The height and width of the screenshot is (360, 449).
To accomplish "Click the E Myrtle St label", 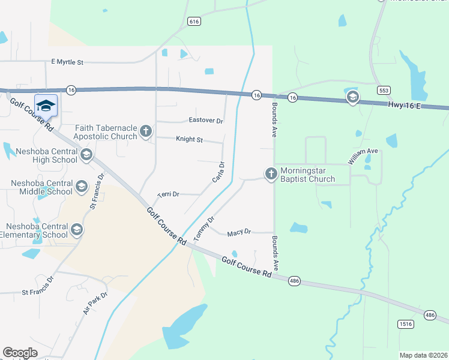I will coord(67,62).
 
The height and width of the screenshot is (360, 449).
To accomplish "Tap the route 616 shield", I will coord(193,22).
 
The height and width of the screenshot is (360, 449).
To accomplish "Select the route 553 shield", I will coord(384,90).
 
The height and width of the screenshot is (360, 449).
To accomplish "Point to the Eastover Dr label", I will coord(206,121).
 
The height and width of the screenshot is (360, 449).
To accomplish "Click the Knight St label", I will coord(190,140).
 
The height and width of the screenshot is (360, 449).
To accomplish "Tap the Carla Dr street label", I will coord(218,172).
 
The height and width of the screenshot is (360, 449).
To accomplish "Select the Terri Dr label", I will coord(168,194).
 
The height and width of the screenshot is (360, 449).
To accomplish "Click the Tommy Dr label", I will coord(204,230).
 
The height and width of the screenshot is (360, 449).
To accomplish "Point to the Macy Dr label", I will coord(239,232).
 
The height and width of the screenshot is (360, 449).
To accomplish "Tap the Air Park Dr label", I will coord(95,303).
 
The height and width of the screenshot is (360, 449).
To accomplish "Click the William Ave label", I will coord(363,156).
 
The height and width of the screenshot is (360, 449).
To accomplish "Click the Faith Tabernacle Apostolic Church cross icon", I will coord(145,131).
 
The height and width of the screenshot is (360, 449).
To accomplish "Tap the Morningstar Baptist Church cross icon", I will coord(271,174).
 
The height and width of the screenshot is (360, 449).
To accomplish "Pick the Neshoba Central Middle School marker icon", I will coord(80,187).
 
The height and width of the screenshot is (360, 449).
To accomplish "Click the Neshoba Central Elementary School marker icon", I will coord(76,230).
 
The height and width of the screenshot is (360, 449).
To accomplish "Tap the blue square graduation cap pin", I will coord(46,106).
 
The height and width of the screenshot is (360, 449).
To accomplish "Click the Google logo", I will coord(20,353).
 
